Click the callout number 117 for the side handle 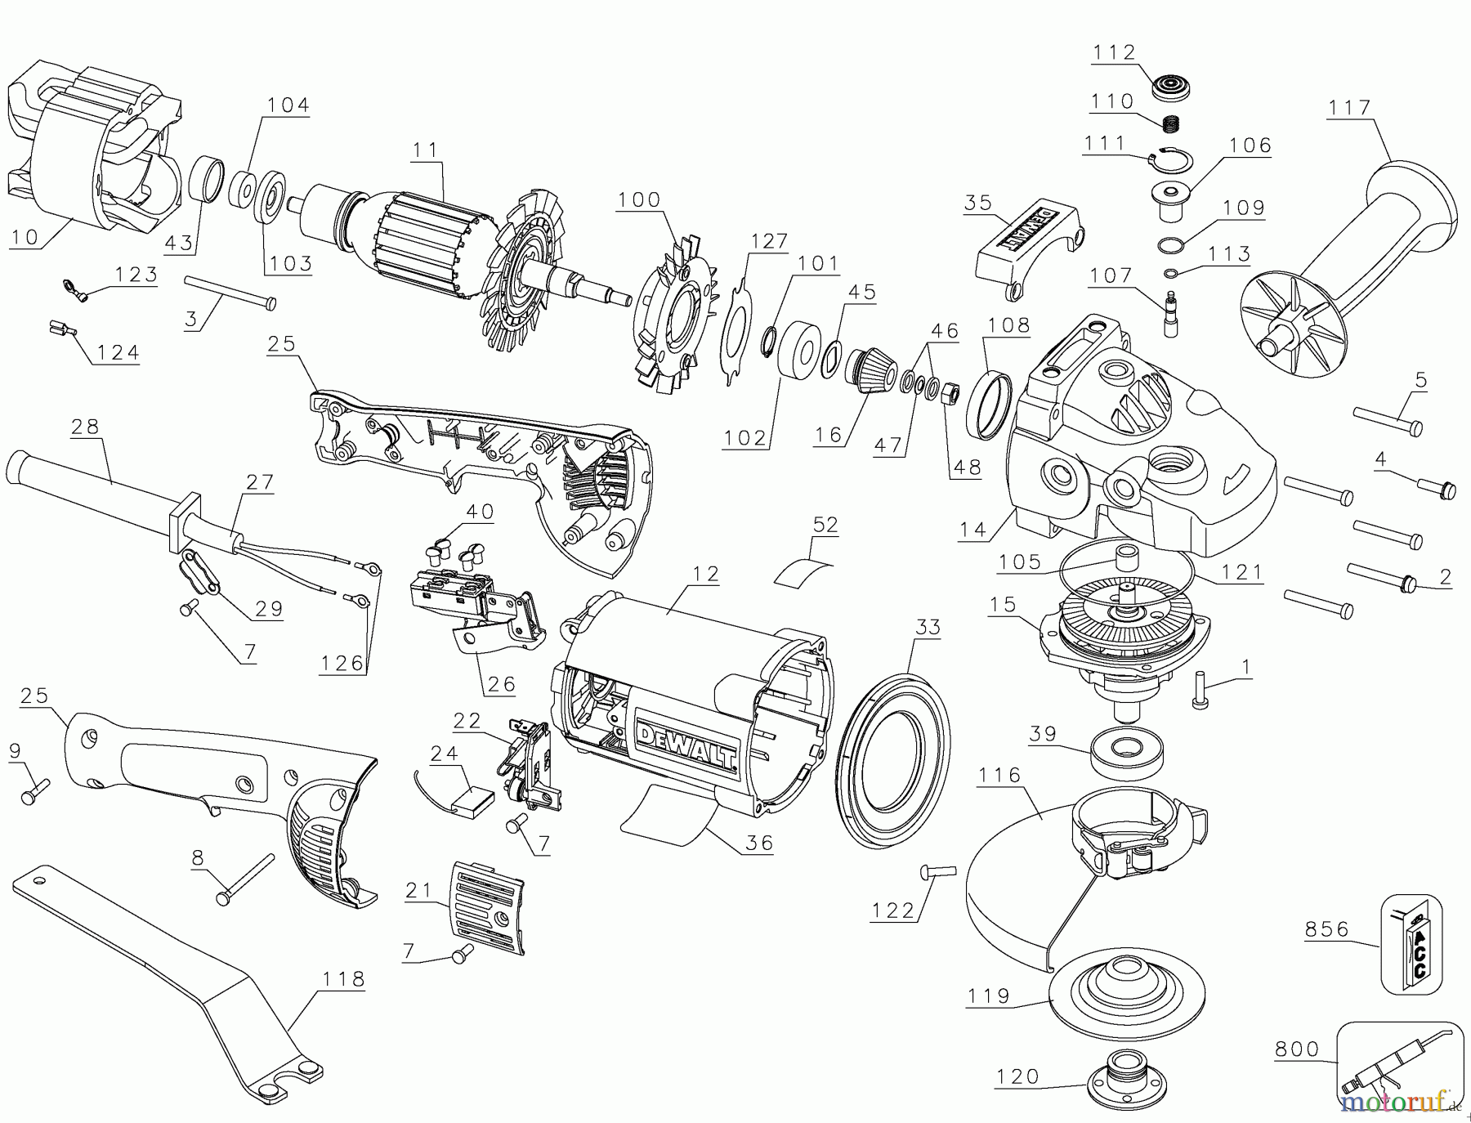(1349, 108)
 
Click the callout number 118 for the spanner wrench (344, 979)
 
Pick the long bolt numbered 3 (230, 292)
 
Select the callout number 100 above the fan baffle (638, 200)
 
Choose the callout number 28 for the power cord (85, 426)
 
